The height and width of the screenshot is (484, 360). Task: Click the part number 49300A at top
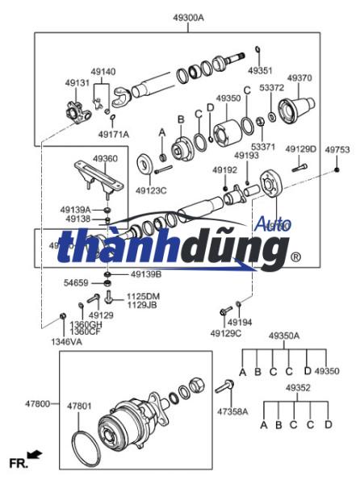188,17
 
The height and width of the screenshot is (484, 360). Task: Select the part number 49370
299,78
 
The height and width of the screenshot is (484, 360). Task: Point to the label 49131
77,82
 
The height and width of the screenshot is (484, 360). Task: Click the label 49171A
114,133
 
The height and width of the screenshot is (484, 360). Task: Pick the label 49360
105,159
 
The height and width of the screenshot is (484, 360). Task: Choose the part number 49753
337,150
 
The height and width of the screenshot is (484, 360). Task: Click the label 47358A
232,411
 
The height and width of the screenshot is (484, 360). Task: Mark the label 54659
77,283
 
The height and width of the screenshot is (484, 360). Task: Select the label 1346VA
65,342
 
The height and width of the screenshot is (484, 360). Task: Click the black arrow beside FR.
35,457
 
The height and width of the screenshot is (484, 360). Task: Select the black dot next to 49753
337,171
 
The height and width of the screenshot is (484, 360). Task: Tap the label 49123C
151,191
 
